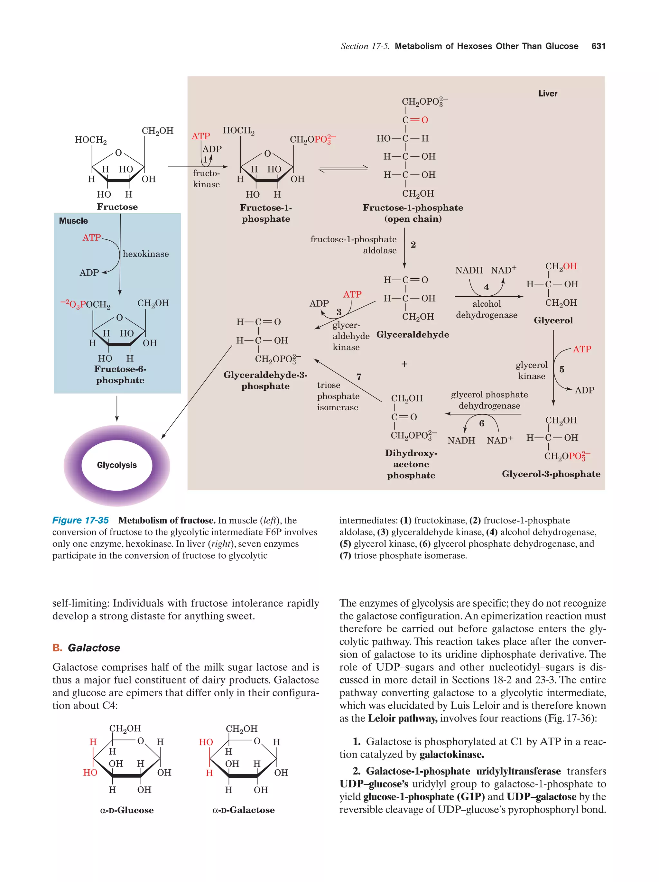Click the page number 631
[598, 46]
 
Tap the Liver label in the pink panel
[547, 94]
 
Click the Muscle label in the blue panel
[73, 221]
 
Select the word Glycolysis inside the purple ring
[117, 465]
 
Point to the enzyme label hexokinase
[145, 254]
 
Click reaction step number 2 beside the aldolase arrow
[413, 245]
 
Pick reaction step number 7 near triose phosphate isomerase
[359, 377]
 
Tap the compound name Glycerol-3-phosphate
[551, 474]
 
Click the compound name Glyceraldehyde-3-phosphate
[265, 380]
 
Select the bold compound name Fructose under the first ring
[117, 207]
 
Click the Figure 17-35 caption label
[80, 520]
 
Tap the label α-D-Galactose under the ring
[244, 810]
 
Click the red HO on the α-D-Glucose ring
[90, 773]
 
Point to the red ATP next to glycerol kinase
[582, 349]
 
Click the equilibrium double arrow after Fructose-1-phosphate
[343, 169]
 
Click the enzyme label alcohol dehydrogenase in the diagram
[487, 310]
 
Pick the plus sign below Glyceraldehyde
[404, 364]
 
